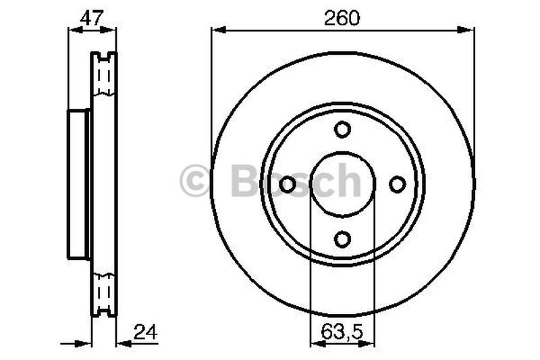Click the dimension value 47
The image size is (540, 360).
(92, 17)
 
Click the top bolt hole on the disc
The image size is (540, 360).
(342, 129)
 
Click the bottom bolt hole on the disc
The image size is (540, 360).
(342, 238)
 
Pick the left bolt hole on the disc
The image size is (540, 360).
(288, 184)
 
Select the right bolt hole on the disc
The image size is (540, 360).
(398, 184)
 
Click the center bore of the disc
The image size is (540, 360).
(342, 184)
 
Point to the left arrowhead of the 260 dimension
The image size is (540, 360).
(218, 29)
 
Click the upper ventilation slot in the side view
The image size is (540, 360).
(104, 74)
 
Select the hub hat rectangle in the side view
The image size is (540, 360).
(78, 184)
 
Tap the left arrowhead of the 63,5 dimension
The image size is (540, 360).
(315, 343)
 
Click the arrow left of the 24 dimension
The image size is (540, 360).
(84, 343)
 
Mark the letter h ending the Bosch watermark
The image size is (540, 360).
(348, 181)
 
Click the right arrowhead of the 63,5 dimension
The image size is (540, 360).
(370, 343)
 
